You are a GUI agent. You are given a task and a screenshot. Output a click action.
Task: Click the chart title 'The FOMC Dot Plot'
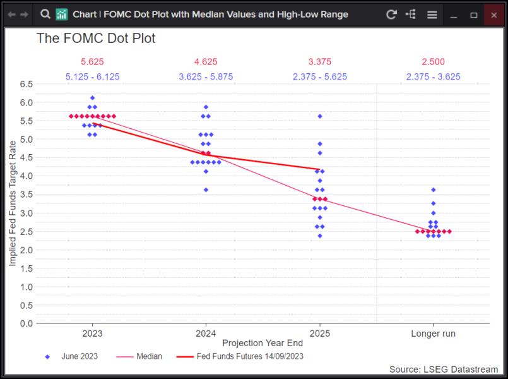pyautogui.click(x=96, y=39)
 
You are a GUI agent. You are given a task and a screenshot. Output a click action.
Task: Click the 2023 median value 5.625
pyautogui.click(x=92, y=62)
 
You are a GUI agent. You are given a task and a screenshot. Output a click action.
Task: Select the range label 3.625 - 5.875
pyautogui.click(x=206, y=77)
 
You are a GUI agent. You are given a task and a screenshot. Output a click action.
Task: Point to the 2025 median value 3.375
pyautogui.click(x=320, y=62)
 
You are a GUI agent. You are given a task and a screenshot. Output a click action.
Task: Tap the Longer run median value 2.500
pyautogui.click(x=433, y=62)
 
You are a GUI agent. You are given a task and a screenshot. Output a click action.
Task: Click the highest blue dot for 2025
pyautogui.click(x=320, y=116)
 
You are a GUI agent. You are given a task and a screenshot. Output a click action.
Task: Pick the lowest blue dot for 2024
pyautogui.click(x=206, y=189)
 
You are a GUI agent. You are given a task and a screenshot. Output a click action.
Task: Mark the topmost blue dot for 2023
pyautogui.click(x=92, y=98)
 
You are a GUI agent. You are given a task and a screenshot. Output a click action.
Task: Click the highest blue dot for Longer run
pyautogui.click(x=433, y=189)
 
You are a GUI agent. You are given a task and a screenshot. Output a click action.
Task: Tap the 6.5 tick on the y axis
pyautogui.click(x=26, y=84)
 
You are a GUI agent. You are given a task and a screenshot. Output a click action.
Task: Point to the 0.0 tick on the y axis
pyautogui.click(x=26, y=323)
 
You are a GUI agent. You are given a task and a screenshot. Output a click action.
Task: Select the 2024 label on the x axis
pyautogui.click(x=206, y=333)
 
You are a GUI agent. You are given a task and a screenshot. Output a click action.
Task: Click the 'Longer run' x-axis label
pyautogui.click(x=433, y=333)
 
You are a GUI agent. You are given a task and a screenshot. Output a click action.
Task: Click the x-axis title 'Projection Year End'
pyautogui.click(x=262, y=343)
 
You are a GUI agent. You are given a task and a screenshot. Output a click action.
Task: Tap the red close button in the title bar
pyautogui.click(x=493, y=15)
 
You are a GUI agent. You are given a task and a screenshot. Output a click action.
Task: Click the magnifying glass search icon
pyautogui.click(x=45, y=14)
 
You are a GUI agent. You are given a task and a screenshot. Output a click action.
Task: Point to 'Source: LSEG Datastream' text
pyautogui.click(x=443, y=369)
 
